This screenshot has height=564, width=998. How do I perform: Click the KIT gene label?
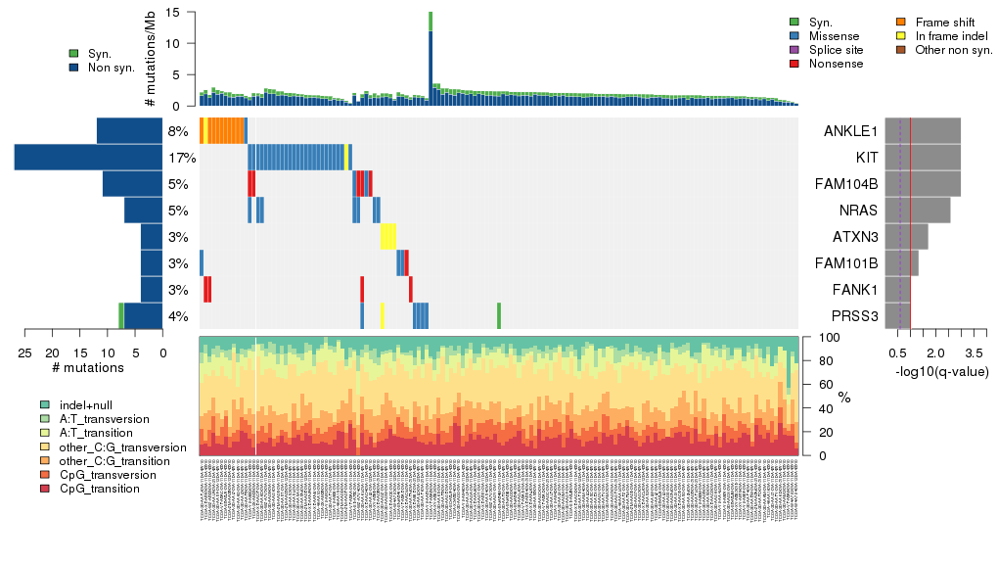pos(864,158)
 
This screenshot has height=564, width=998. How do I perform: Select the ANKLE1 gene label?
pos(852,131)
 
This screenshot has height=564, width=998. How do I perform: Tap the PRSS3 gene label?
pos(853,316)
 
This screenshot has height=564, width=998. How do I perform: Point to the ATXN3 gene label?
pos(854,237)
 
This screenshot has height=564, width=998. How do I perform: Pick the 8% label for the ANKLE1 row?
pos(178,131)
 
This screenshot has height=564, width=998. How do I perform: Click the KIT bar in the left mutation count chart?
pos(88,158)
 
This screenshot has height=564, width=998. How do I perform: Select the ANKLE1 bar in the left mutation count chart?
pos(129,131)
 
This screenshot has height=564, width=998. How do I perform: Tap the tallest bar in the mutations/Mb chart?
pos(431,59)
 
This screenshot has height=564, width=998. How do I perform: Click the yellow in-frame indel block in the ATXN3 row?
pos(388,237)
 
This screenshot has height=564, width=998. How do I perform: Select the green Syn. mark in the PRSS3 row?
pos(499,316)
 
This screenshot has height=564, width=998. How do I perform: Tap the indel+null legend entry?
pos(83,405)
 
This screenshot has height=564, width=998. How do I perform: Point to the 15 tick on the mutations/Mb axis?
pos(172,13)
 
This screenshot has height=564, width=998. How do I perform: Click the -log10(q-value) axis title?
pos(941,372)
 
